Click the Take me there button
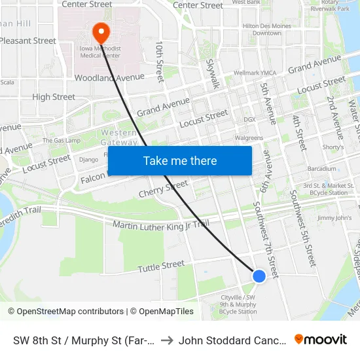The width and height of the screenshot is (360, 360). point(180,160)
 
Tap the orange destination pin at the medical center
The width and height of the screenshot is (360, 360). point(101,31)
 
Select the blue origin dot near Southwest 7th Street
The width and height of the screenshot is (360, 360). point(259,276)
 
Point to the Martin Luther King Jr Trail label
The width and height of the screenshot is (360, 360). point(161,225)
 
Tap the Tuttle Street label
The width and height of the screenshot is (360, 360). point(161,266)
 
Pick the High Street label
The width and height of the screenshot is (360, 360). point(54,97)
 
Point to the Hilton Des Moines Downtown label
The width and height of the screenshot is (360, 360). point(262,29)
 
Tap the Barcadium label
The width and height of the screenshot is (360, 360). point(322,169)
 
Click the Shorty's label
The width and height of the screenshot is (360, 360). point(333,147)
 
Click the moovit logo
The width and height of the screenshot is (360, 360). point(321,339)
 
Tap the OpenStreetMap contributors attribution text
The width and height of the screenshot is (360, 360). point(66,312)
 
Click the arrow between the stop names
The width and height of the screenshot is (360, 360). point(166,340)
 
